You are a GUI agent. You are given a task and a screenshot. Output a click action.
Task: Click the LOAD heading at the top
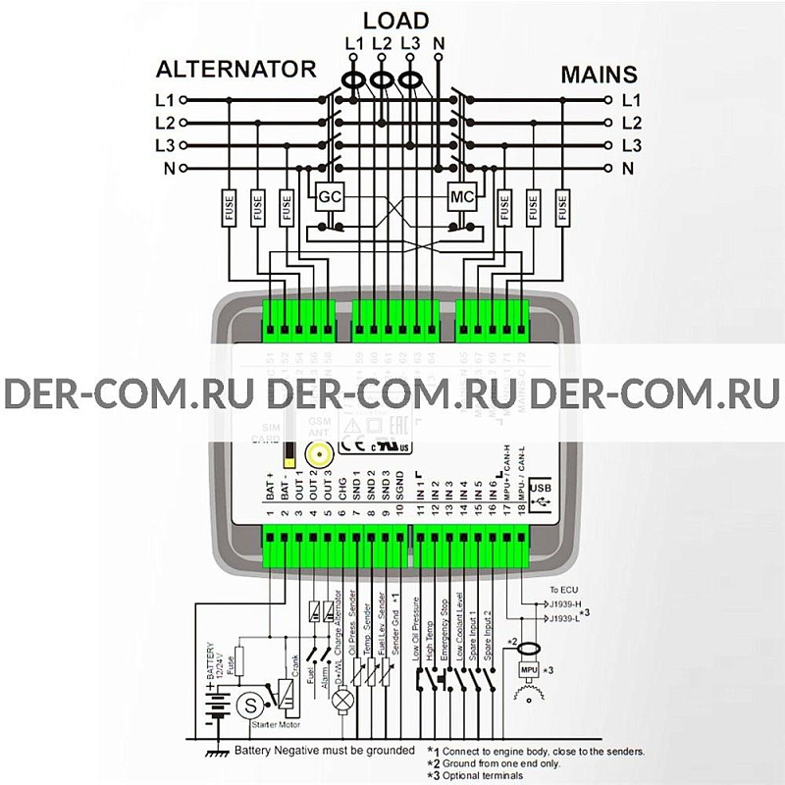tap(395, 21)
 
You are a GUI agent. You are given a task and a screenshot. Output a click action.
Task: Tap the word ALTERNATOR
tap(236, 70)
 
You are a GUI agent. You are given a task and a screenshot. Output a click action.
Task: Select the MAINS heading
tap(599, 75)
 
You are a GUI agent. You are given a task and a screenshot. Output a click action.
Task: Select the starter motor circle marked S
tap(251, 704)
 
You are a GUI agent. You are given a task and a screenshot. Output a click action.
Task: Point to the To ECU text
tap(564, 589)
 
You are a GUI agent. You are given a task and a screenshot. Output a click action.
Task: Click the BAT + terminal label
tap(268, 488)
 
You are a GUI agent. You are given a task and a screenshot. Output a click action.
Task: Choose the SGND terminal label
tap(402, 488)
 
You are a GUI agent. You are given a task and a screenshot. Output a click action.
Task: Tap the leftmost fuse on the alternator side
tap(228, 209)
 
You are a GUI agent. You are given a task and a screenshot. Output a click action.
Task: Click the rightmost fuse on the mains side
tap(562, 209)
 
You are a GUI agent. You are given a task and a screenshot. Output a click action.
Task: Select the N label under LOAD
tap(439, 43)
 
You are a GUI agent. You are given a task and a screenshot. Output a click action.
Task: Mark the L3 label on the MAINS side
tap(631, 146)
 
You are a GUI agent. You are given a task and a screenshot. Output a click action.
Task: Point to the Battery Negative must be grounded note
tap(324, 751)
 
